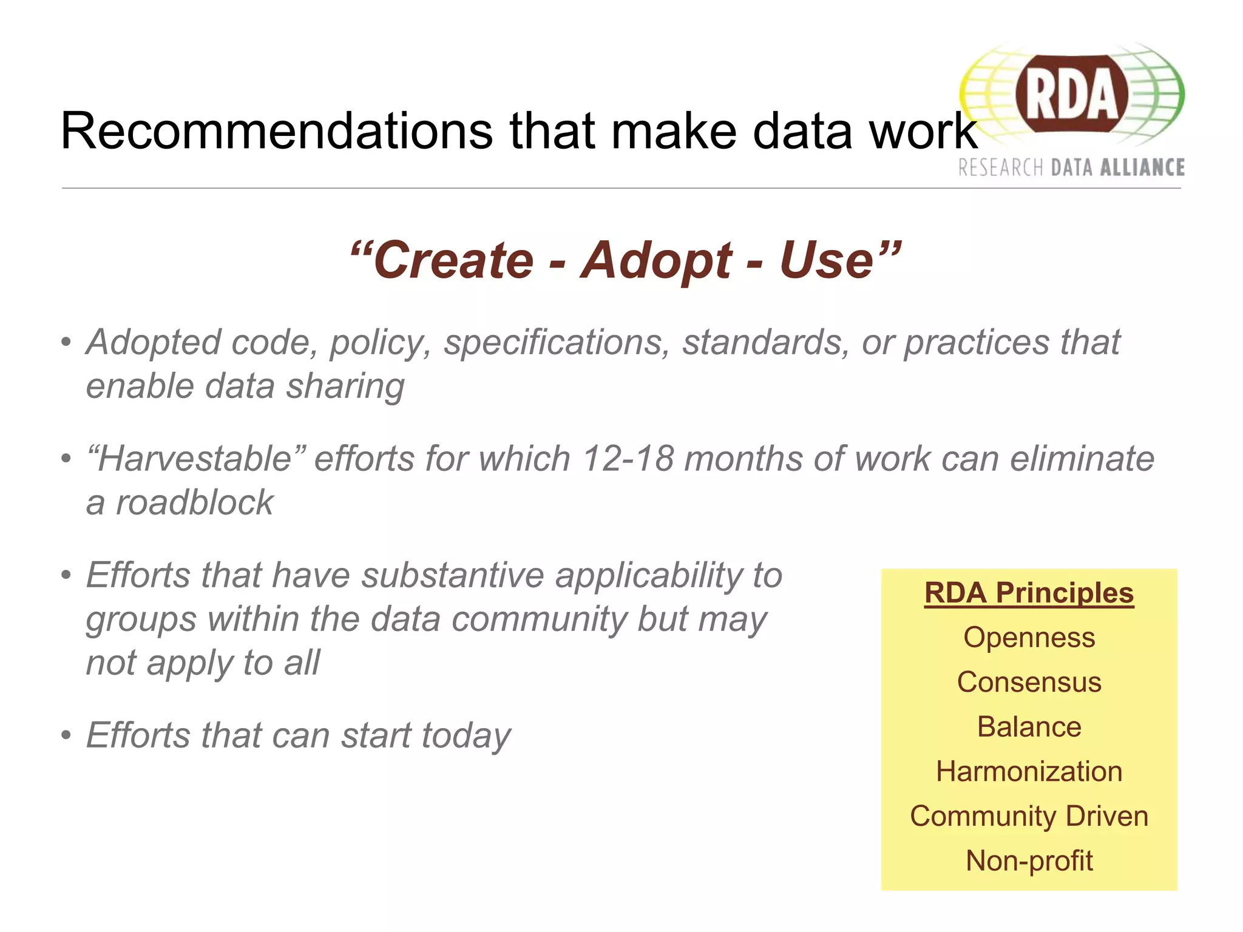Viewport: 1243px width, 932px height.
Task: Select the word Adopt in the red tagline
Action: click(655, 261)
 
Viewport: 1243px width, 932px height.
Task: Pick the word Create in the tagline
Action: click(453, 261)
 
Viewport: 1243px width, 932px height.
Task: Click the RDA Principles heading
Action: click(1029, 593)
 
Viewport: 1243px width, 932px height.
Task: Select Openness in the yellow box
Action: click(1029, 638)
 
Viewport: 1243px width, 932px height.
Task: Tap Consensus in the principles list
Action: click(1029, 682)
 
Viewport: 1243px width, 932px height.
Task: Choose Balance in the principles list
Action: click(1029, 727)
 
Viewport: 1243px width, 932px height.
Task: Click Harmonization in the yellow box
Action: click(1029, 772)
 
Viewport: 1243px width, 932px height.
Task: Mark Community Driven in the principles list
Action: click(1029, 816)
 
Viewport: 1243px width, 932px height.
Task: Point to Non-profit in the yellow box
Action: click(1029, 861)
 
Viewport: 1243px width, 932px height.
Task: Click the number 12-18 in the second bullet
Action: click(628, 459)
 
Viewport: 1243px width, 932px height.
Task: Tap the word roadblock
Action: click(194, 503)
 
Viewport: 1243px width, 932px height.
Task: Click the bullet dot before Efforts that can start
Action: click(66, 735)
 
